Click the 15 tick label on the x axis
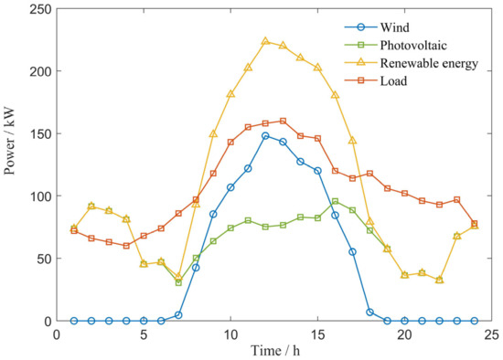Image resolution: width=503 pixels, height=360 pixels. click(317, 334)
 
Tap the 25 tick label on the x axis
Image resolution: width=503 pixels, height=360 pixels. click(492, 334)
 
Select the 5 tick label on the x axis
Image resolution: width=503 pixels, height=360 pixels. click(144, 334)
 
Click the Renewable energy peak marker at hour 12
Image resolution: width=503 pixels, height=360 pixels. click(265, 41)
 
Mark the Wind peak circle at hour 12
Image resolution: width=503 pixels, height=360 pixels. click(265, 135)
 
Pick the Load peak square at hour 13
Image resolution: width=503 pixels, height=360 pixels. click(283, 121)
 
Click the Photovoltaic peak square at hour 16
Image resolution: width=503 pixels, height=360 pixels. click(335, 201)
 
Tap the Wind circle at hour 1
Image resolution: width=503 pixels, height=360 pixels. click(74, 321)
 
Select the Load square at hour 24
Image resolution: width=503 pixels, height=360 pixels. click(474, 223)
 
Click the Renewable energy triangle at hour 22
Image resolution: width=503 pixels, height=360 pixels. click(439, 280)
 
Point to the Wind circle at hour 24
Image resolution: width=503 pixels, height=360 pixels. click(474, 321)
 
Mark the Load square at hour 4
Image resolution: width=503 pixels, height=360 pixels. click(126, 246)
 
